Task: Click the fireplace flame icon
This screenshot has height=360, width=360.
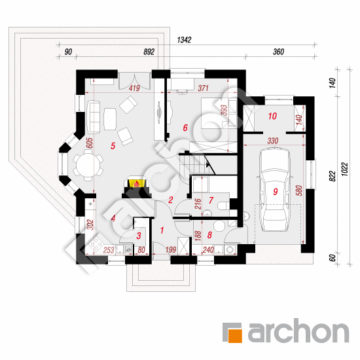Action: (x=137, y=184)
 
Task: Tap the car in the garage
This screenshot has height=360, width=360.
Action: (x=274, y=190)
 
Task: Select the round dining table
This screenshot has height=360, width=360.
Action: (x=88, y=164)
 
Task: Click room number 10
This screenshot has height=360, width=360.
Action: (x=272, y=116)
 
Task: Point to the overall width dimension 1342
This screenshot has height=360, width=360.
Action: (x=184, y=40)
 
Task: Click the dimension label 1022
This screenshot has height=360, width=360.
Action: (x=345, y=170)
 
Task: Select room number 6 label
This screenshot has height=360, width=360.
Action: (x=185, y=128)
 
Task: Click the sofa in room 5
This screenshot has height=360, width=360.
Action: (x=94, y=117)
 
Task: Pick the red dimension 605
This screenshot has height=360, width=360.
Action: (x=90, y=143)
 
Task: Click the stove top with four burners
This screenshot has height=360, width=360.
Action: (x=97, y=244)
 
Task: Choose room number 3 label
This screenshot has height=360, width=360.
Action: (x=139, y=236)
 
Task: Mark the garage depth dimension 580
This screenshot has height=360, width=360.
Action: (x=299, y=190)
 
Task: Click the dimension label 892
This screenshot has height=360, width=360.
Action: (x=149, y=52)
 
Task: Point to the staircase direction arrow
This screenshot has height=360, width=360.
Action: (x=208, y=164)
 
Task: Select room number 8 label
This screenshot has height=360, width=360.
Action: (x=209, y=235)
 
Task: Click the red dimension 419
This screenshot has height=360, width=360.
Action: (x=134, y=88)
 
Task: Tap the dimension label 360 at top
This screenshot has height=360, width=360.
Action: (x=278, y=52)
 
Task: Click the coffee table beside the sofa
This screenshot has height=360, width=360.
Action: (x=110, y=119)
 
